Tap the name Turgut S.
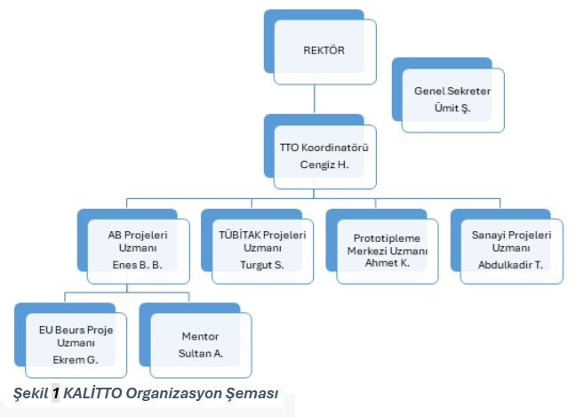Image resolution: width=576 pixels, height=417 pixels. click(261, 265)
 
